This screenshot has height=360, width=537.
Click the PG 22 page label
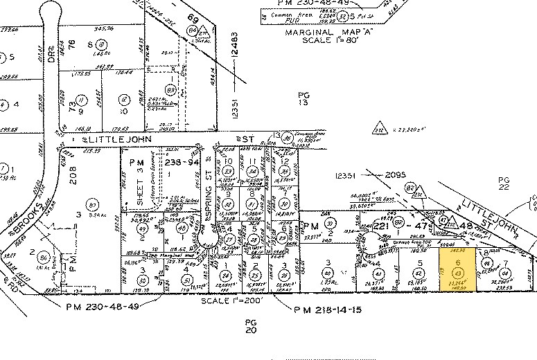[504, 183]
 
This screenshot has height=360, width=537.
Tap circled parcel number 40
[326, 273]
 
